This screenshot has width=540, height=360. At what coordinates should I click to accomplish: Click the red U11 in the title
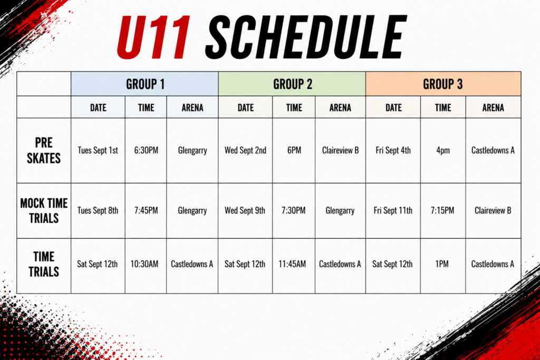coord(154,37)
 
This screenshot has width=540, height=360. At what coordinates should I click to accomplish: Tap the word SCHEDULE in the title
coord(306,37)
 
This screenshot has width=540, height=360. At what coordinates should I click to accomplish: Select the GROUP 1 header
coord(145,84)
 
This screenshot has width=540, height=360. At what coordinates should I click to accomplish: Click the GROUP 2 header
coord(292,84)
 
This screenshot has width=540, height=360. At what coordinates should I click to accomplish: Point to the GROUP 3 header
coord(442,84)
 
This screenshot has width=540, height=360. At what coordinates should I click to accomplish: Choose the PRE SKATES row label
coord(44,150)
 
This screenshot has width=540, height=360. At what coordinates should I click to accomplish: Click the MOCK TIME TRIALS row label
coord(44,211)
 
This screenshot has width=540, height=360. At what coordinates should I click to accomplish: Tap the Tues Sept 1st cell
coord(98,150)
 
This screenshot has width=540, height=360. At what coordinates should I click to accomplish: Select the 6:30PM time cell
coord(146,150)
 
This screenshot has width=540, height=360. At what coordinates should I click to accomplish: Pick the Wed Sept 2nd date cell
coord(245,150)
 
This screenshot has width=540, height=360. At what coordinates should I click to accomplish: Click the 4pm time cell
coord(443,151)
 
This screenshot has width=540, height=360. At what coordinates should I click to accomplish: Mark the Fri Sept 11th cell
coord(393,210)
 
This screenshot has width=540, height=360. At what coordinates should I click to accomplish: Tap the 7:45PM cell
coord(146,210)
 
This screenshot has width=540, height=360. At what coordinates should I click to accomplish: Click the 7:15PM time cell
coord(442,210)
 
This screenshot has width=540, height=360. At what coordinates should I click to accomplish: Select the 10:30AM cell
coord(144,264)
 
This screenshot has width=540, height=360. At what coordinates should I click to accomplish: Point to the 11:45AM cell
coord(292,264)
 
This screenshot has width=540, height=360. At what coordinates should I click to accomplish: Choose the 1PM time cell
coord(442,264)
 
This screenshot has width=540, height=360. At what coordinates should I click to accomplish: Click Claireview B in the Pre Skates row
coord(340,150)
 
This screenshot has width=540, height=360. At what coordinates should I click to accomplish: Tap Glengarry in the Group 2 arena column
coord(340,211)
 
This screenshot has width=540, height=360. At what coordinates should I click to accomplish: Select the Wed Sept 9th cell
coord(245,210)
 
